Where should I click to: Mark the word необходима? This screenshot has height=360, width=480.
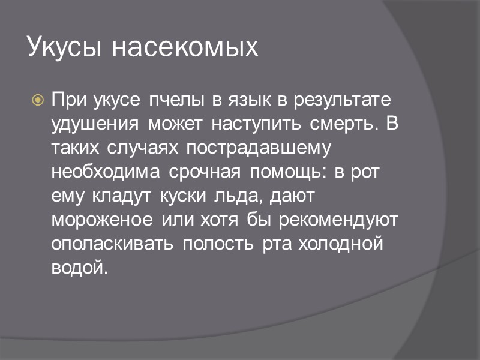point(106,172)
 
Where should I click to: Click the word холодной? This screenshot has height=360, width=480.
point(340,245)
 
